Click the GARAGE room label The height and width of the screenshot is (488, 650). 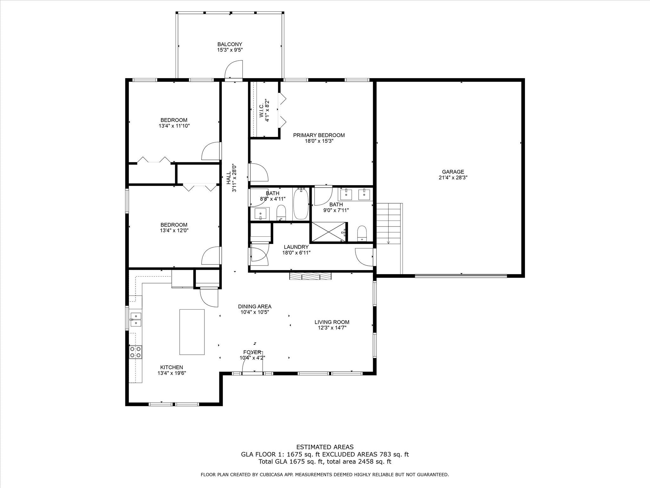click(451, 172)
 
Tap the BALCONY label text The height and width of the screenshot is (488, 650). click(230, 44)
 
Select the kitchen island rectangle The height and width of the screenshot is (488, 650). click(192, 332)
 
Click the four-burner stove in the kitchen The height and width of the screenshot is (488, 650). click(136, 352)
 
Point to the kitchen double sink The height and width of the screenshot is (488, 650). click(136, 320)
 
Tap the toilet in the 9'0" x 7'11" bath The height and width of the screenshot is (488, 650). click(362, 234)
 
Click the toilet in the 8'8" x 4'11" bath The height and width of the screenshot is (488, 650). click(281, 212)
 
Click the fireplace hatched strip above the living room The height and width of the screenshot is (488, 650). click(310, 276)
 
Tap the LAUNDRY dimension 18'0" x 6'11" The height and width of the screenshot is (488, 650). click(296, 253)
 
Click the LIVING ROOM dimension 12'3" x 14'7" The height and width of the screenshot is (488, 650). click(332, 328)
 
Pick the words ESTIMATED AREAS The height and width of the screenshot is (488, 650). click(325, 447)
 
